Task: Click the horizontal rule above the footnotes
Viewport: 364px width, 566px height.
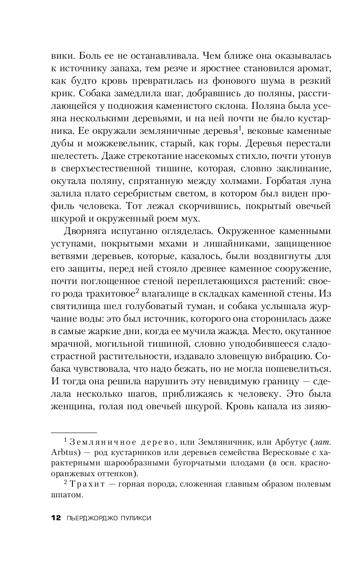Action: point(74,432)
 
